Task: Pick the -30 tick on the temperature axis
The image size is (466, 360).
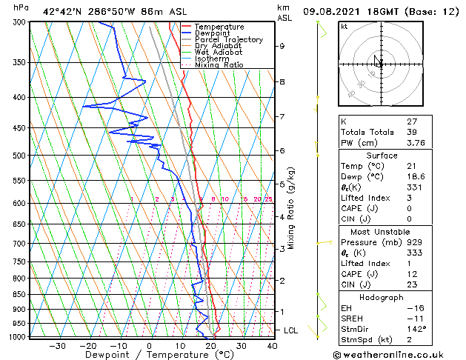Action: click(57, 345)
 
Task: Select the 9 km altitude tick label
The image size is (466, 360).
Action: click(282, 46)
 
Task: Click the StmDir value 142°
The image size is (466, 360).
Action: click(416, 329)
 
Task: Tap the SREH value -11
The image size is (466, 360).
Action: click(414, 318)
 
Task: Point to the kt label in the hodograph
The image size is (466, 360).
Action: click(344, 26)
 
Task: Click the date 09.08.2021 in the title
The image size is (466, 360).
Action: click(336, 11)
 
